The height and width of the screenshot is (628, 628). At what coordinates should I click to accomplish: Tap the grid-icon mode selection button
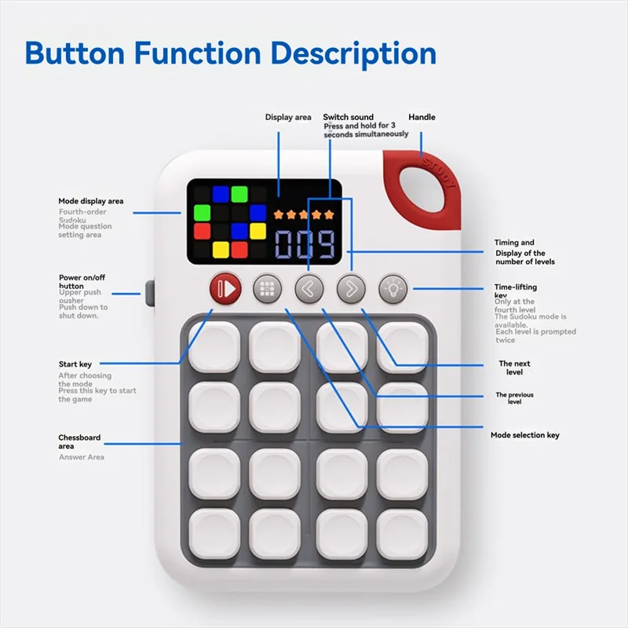(268, 289)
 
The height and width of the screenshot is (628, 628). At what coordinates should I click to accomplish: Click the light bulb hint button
(393, 289)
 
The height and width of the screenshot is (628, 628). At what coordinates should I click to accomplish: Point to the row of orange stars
(303, 213)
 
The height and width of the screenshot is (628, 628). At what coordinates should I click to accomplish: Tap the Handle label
(422, 117)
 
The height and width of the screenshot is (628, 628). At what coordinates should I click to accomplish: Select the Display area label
(288, 117)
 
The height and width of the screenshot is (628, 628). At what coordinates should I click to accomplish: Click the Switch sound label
(349, 117)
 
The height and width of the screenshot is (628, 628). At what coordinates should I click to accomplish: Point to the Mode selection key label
(525, 435)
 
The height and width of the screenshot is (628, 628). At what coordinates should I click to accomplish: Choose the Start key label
(75, 364)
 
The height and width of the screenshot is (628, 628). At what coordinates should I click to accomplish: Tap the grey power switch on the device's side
(149, 293)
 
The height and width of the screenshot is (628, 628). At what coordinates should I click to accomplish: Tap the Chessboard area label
(79, 442)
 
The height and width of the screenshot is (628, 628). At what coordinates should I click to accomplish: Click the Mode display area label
(91, 202)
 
